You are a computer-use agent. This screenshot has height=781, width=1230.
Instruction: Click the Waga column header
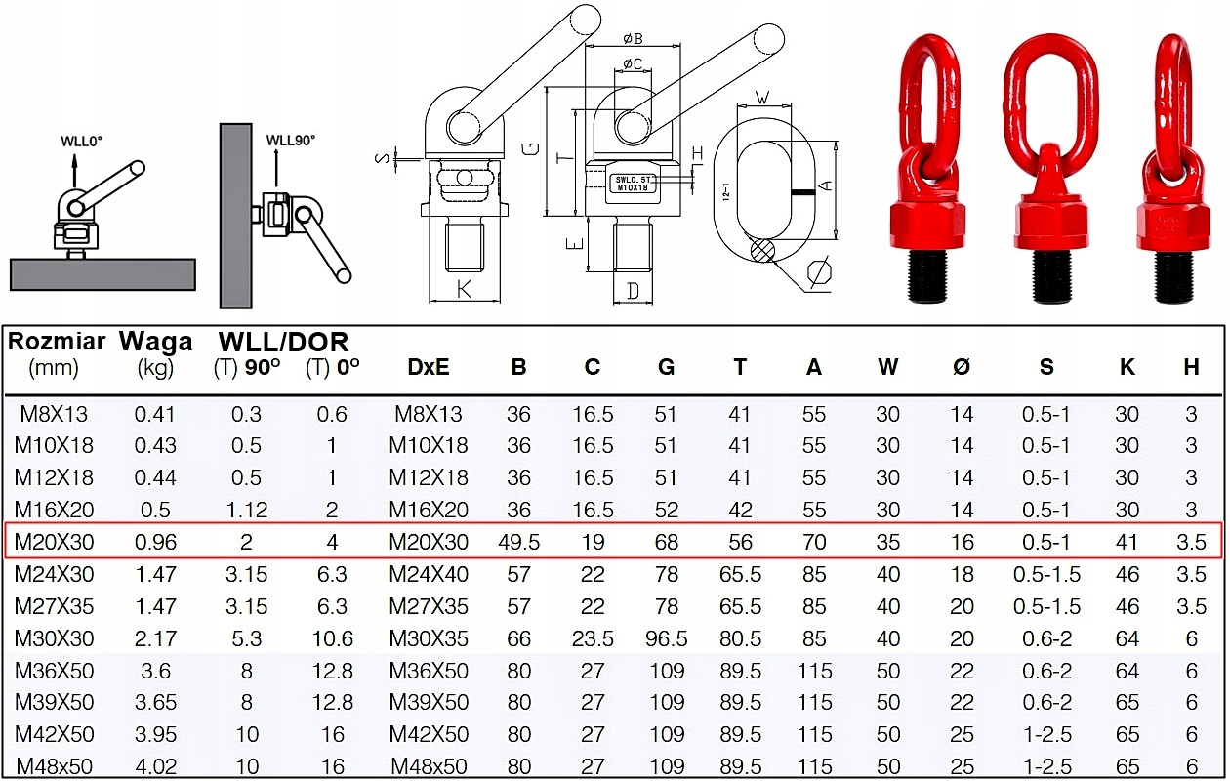tap(155, 342)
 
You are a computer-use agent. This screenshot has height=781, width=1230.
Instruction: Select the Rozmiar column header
tap(57, 342)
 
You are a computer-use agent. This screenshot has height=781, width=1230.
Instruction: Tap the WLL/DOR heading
tap(283, 342)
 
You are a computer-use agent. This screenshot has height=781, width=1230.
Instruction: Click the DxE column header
tap(429, 367)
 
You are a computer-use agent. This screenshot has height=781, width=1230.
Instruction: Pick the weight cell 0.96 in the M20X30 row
tap(155, 542)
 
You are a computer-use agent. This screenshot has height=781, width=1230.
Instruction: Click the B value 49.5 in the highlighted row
tap(518, 542)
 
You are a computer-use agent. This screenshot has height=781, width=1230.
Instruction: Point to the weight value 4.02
tap(155, 766)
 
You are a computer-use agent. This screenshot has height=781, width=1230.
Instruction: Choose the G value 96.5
tap(666, 638)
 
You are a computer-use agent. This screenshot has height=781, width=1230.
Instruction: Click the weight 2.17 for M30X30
tap(155, 638)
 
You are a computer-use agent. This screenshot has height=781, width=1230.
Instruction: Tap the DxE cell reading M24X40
tap(429, 574)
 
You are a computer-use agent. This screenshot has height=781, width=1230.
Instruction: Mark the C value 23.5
tap(593, 638)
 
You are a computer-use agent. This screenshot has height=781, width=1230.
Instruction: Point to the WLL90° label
tap(291, 140)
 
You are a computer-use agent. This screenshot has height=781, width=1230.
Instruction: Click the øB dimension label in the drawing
tap(632, 40)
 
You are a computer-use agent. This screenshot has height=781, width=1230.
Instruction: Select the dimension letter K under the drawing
tap(465, 289)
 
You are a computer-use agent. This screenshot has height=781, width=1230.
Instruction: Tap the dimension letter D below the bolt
tap(634, 290)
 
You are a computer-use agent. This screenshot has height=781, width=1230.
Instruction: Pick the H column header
tap(1191, 367)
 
